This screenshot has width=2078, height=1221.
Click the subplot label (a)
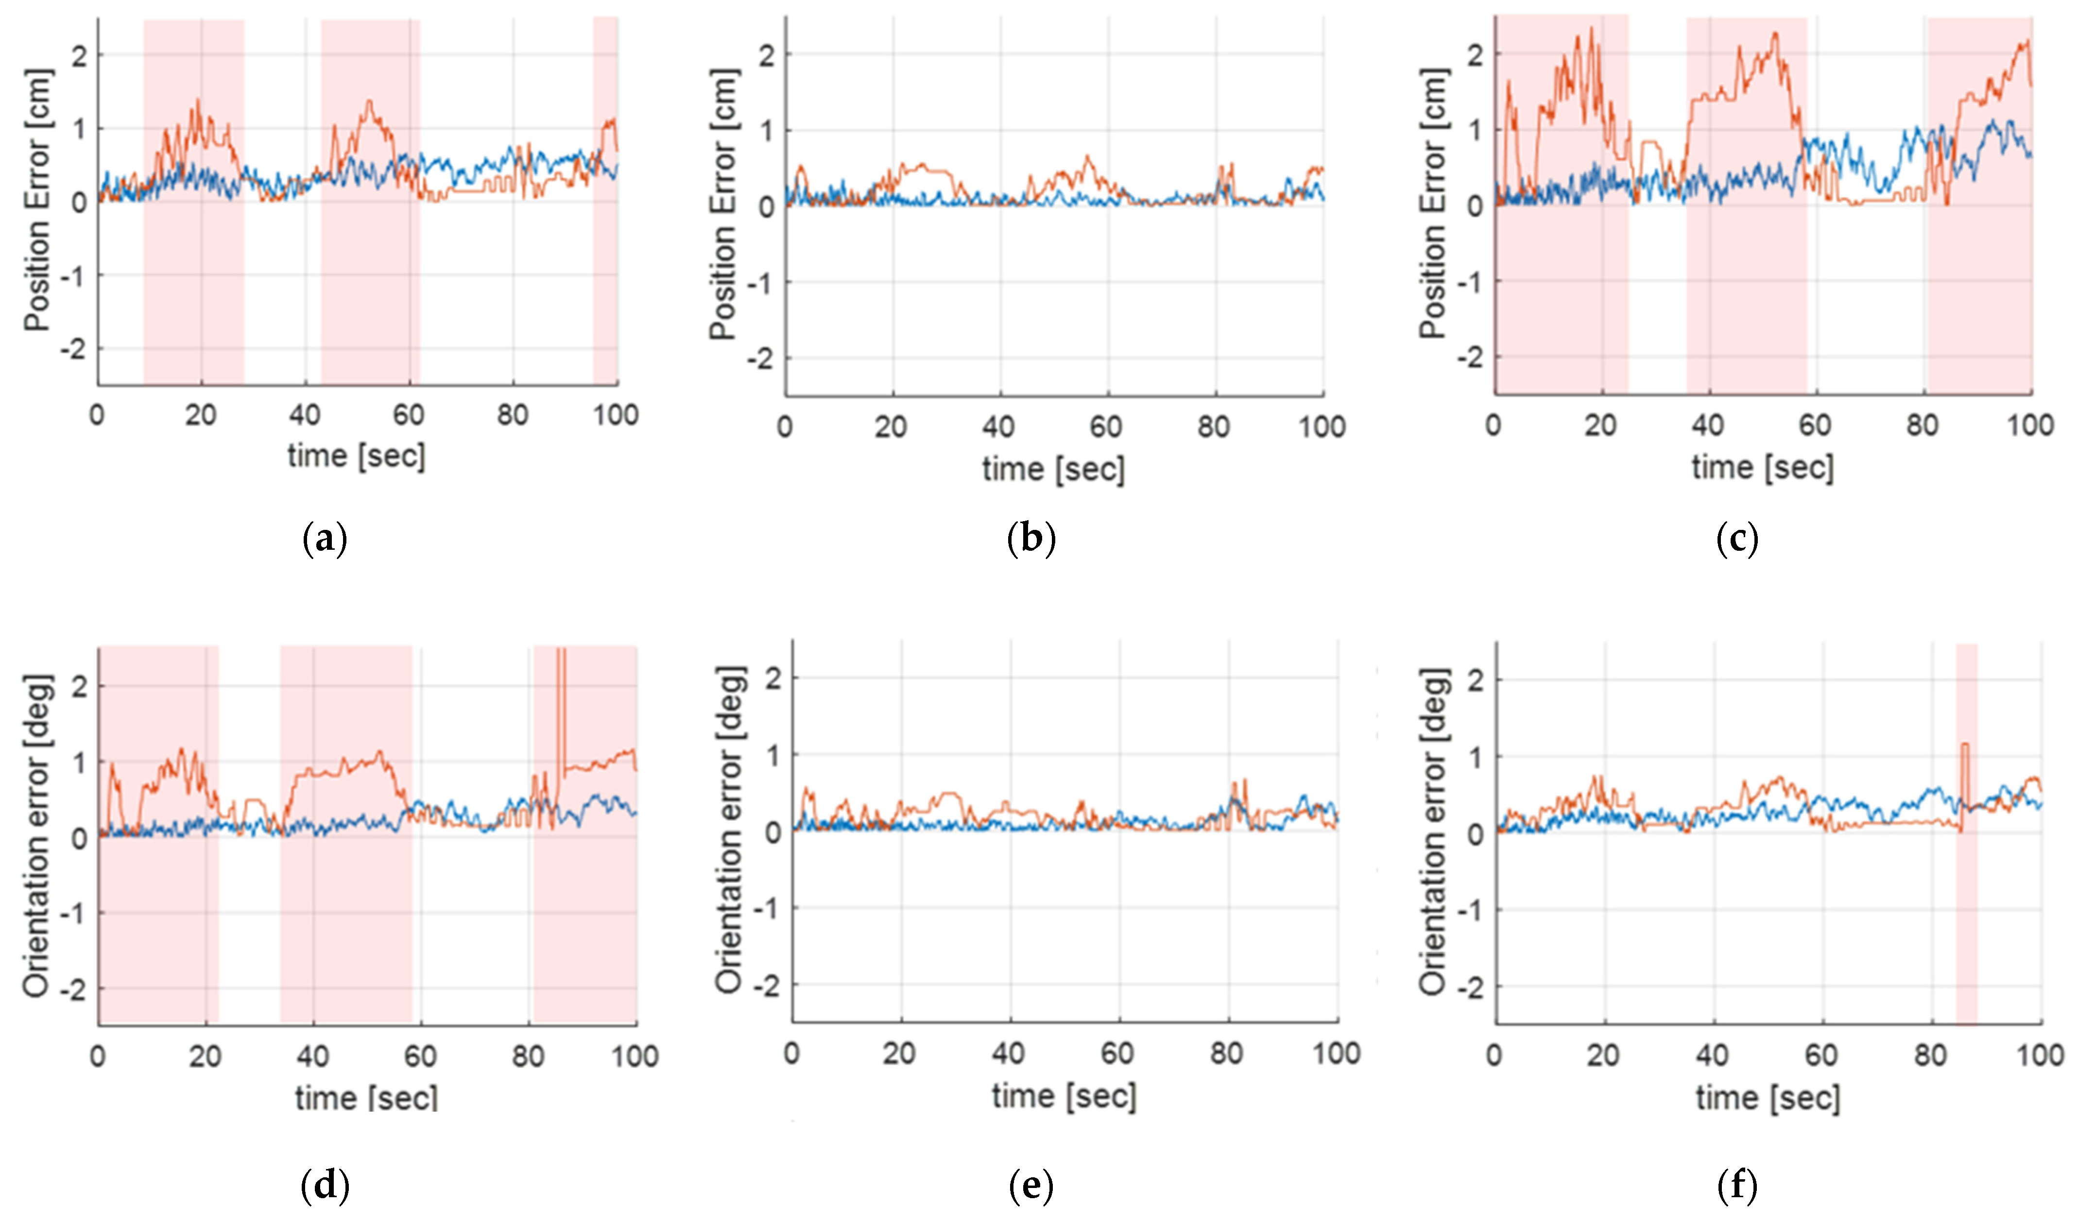click(x=325, y=540)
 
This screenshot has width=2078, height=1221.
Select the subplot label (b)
click(x=1031, y=540)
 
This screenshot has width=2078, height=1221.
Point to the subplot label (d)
click(x=325, y=1186)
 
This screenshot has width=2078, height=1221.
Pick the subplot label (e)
click(x=1031, y=1186)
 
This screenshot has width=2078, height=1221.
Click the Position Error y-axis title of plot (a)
click(x=37, y=200)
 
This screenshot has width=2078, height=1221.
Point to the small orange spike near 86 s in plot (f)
click(x=1965, y=771)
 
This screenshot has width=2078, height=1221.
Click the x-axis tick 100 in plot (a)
click(x=615, y=415)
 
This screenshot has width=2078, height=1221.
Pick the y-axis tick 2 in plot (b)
click(x=767, y=55)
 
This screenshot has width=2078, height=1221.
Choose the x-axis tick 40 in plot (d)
click(x=312, y=1056)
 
